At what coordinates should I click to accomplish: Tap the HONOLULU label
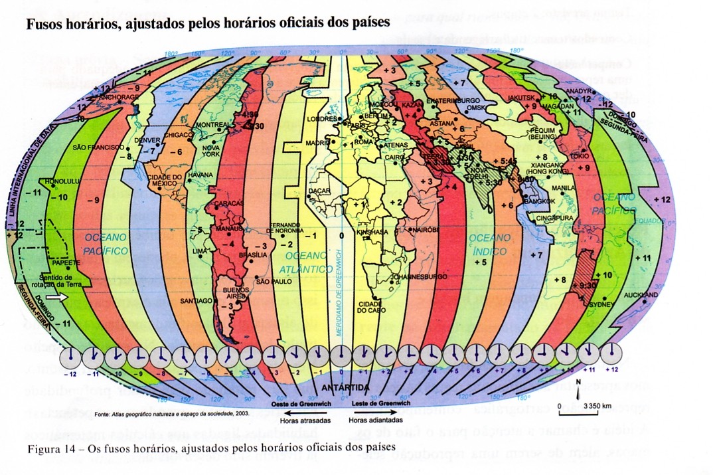tap(61, 181)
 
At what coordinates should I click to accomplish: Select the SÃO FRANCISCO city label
tap(98, 146)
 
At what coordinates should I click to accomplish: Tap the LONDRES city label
tap(323, 120)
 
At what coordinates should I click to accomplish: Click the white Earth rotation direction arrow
tap(55, 298)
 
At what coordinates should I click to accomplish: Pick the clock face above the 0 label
tap(342, 355)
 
